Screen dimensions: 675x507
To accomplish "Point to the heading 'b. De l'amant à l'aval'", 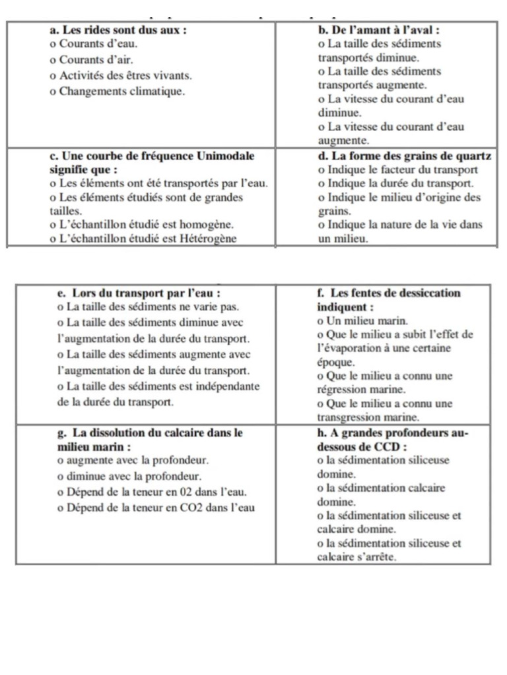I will pos(380,30).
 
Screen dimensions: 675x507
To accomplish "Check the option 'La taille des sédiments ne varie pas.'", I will pos(149,307).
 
